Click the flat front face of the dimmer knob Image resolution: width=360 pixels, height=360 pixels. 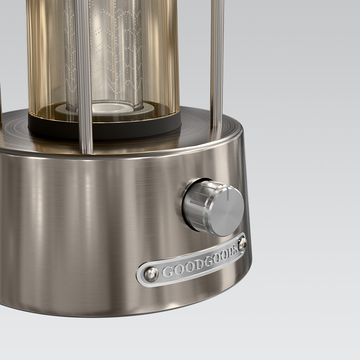tap(226, 211)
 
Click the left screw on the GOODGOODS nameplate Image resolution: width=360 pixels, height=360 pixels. tap(151, 274)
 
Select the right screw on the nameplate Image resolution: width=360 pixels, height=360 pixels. tap(242, 244)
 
